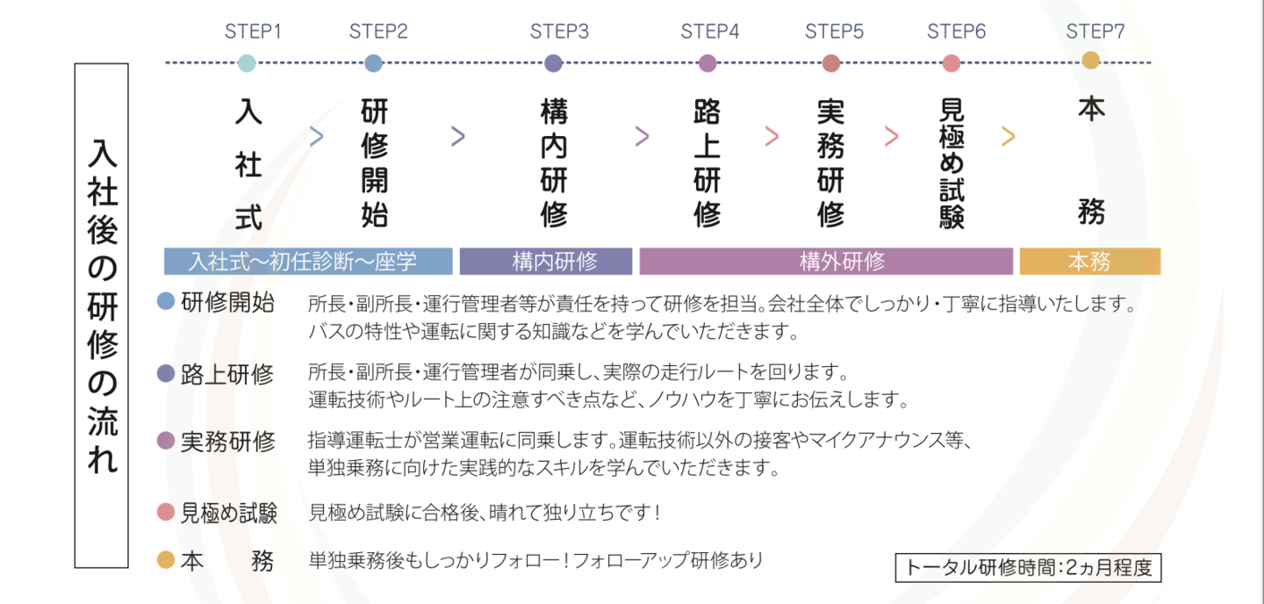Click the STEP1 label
pos(253,32)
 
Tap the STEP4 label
pos(710,32)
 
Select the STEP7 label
pos(1095,32)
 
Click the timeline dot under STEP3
pos(553,63)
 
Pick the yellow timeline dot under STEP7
pos(1090,61)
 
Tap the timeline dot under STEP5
pos(831,63)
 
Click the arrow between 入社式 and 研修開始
pos(317,136)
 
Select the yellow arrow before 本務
pos(1008,136)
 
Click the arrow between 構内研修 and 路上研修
pos(642,136)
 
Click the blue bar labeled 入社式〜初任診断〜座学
pos(308,262)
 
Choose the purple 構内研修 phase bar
pos(546,262)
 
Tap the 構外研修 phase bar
pos(826,262)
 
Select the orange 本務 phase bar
pos(1089,262)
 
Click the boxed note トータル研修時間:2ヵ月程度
pos(1028,567)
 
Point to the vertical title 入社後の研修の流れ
pos(102,315)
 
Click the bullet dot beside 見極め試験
pos(166,512)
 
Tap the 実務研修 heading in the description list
pos(227,442)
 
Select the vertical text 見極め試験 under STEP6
pos(952,163)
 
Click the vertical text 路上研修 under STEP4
pos(707,163)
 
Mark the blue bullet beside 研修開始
pos(166,302)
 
